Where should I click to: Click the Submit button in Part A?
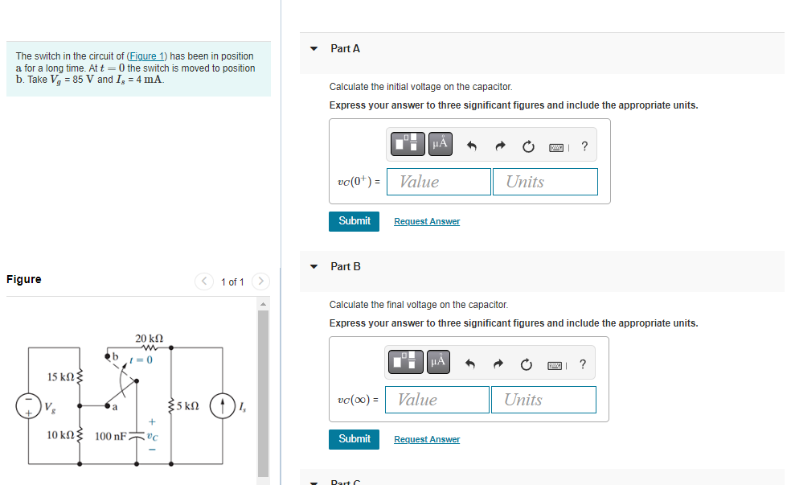coord(354,220)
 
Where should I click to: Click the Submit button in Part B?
coord(354,438)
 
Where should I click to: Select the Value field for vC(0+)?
coord(439,182)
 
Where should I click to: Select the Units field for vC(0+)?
coord(545,182)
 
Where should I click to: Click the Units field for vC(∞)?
coord(543,400)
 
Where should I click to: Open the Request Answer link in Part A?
coord(427,221)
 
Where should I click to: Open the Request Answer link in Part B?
coord(427,439)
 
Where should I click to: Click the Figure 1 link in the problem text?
coord(146,56)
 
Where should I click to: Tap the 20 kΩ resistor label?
coord(149,339)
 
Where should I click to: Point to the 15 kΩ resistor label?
coord(60,376)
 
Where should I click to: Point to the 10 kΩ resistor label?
coord(60,435)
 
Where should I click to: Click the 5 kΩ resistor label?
coord(186,405)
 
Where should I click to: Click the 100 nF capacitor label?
coord(110,437)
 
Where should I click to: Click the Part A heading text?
coord(345,49)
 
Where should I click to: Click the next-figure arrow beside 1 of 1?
coord(260,282)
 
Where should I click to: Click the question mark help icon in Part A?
coord(584,146)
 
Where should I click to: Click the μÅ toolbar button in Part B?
coord(438,363)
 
